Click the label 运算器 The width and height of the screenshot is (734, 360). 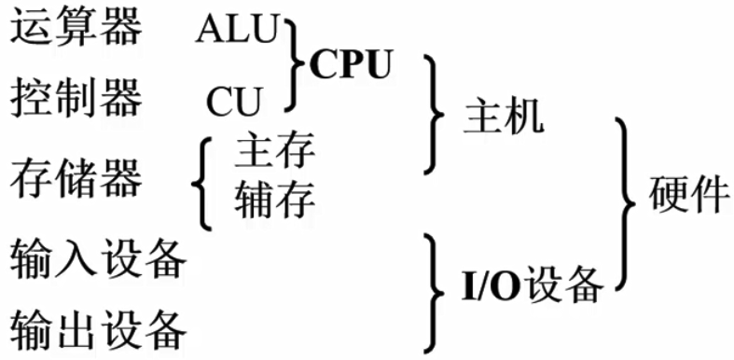[x=76, y=28]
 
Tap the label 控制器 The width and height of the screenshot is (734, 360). [x=76, y=96]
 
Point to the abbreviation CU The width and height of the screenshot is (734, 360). [x=233, y=100]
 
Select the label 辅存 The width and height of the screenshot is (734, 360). [x=275, y=198]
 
